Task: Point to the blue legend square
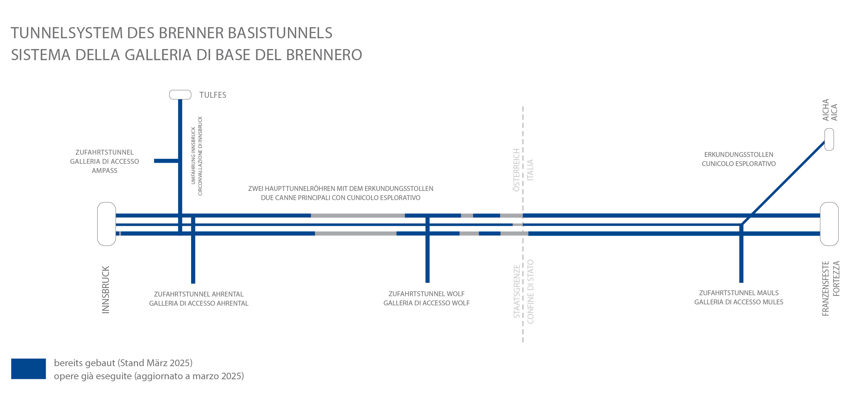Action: point(28,369)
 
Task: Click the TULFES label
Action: point(213,95)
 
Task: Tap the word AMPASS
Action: point(105,171)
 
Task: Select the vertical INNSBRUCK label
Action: point(105,289)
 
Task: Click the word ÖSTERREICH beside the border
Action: point(516,170)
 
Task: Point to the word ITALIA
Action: point(530,170)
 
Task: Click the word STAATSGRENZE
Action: point(516,291)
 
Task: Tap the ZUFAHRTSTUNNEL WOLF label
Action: point(426,294)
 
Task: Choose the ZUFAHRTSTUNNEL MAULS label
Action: point(739,293)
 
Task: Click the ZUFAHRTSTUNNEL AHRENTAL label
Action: point(199,294)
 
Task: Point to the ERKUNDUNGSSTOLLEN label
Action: point(739,155)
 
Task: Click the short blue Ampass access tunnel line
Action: point(167,161)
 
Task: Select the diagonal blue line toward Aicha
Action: point(783,183)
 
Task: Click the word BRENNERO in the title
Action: point(324,55)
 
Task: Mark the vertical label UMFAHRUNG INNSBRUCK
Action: point(193,156)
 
